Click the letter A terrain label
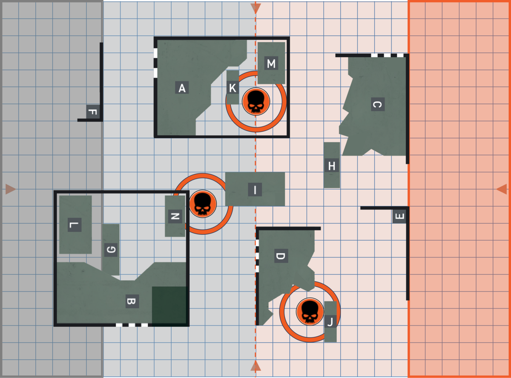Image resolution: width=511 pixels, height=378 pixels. click(182, 87)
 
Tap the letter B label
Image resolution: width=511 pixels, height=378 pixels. click(132, 301)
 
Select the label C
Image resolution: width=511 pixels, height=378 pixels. click(378, 104)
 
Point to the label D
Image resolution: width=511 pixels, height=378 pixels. click(281, 256)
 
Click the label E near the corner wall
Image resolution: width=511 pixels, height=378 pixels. click(399, 216)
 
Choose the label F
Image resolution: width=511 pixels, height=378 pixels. click(93, 112)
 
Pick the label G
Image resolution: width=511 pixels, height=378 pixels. click(111, 250)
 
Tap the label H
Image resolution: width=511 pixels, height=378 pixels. click(332, 165)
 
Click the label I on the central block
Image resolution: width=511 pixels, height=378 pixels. click(255, 190)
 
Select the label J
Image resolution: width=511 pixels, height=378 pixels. click(330, 321)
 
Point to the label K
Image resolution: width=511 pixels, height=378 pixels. click(233, 88)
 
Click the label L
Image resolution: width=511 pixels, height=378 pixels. click(75, 225)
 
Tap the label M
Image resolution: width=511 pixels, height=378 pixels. click(271, 63)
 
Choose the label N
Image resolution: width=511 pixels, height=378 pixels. click(175, 216)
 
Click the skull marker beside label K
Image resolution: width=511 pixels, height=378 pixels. click(256, 101)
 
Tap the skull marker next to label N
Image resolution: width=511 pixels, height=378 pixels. click(203, 204)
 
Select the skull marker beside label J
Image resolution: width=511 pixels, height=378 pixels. click(310, 312)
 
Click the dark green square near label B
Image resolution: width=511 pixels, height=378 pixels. click(169, 306)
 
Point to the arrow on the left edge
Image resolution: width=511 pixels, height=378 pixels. click(11, 189)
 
